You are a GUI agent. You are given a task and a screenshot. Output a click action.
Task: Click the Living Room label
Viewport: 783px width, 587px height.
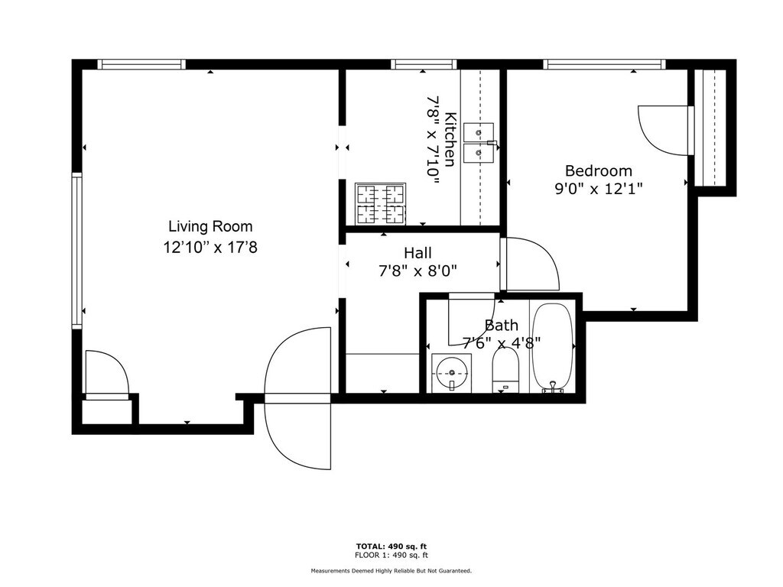pyautogui.click(x=210, y=226)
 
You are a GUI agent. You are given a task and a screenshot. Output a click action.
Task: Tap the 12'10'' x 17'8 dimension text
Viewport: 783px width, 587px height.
pyautogui.click(x=210, y=247)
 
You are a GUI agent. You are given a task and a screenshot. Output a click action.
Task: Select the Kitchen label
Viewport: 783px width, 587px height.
pyautogui.click(x=450, y=140)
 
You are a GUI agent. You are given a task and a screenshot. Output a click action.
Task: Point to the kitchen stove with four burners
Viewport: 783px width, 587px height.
pyautogui.click(x=381, y=203)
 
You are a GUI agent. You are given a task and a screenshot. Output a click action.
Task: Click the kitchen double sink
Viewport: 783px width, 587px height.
pyautogui.click(x=479, y=143)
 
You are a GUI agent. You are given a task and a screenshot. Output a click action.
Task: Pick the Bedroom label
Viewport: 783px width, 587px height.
pyautogui.click(x=598, y=170)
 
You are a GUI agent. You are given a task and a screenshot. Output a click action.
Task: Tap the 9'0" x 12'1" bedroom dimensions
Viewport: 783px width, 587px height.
pyautogui.click(x=598, y=190)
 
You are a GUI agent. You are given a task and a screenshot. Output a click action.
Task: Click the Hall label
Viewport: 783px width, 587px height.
pyautogui.click(x=418, y=252)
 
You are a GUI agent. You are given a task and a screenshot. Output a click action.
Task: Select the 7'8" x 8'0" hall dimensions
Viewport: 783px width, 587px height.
pyautogui.click(x=418, y=271)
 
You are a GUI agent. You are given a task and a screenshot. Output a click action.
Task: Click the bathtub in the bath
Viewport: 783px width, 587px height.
pyautogui.click(x=552, y=347)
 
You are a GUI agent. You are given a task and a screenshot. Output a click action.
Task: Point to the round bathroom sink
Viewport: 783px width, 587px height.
pyautogui.click(x=451, y=372)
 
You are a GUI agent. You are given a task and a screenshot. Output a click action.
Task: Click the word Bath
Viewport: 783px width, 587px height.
pyautogui.click(x=502, y=326)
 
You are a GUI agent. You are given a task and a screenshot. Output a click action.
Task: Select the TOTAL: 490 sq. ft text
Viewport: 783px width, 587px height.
pyautogui.click(x=391, y=546)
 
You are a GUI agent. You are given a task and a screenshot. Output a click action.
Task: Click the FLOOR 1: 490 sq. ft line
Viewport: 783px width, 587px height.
pyautogui.click(x=391, y=555)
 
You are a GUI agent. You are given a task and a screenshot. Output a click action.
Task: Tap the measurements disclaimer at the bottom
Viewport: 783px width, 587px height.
pyautogui.click(x=391, y=570)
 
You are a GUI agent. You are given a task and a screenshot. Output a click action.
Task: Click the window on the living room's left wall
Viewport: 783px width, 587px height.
pyautogui.click(x=76, y=251)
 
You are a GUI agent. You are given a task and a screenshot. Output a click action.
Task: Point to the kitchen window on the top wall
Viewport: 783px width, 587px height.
pyautogui.click(x=424, y=64)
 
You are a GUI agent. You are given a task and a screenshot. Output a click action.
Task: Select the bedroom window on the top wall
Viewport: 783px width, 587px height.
pyautogui.click(x=605, y=64)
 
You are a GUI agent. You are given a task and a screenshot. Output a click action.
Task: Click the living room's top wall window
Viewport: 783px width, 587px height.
pyautogui.click(x=141, y=64)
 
